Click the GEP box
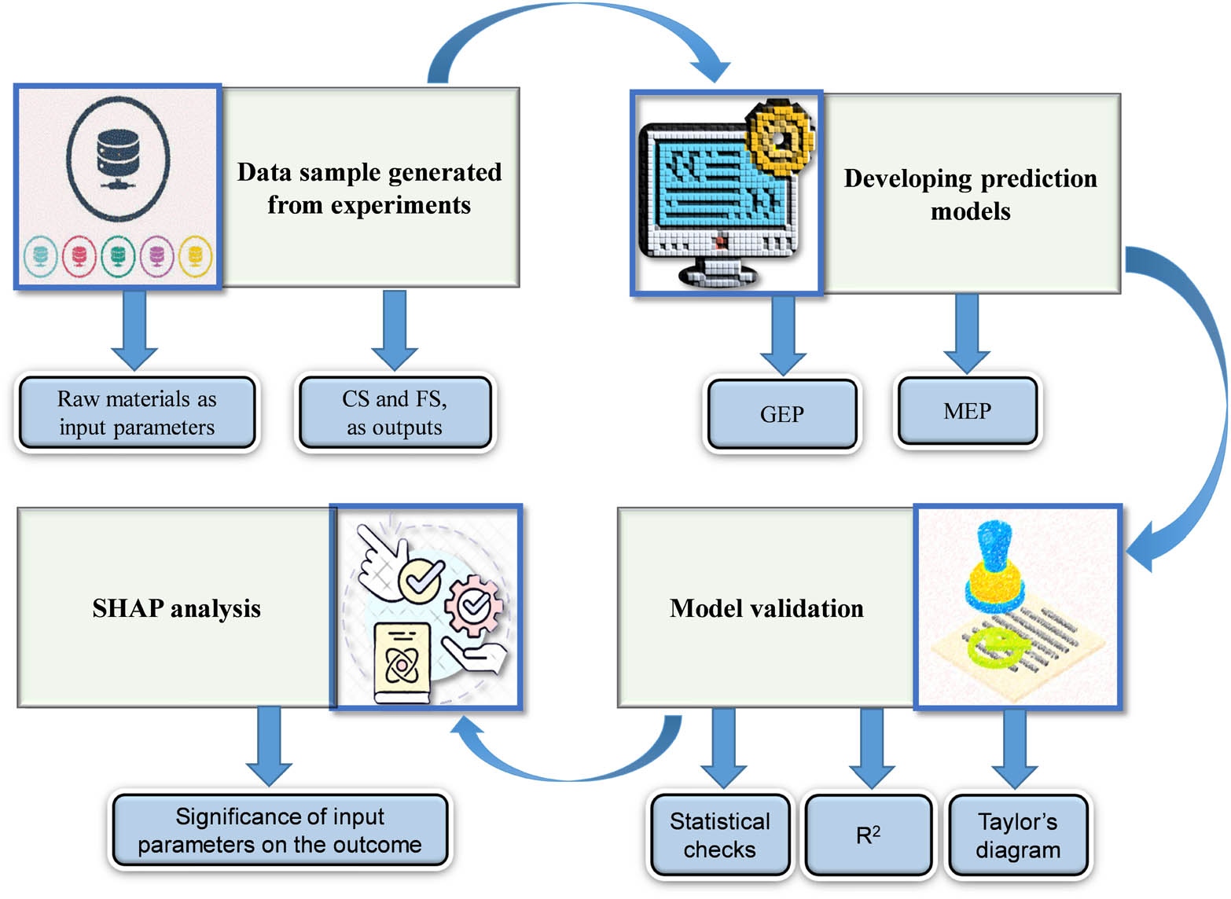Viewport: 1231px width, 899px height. (781, 414)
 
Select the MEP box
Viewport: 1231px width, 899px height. (967, 411)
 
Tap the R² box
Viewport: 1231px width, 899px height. (868, 835)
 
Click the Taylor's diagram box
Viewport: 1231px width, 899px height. (1018, 835)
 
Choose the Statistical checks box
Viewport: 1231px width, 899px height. (719, 835)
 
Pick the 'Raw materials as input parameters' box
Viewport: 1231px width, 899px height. (137, 413)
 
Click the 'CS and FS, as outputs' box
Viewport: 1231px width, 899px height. (395, 413)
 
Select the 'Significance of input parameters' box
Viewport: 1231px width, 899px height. (280, 831)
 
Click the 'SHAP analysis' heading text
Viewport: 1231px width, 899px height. (176, 608)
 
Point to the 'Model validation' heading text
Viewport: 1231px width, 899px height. (766, 608)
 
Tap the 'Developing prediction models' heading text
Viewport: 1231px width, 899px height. (970, 194)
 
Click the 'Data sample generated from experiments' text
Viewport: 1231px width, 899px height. (369, 188)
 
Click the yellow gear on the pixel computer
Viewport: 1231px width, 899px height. (779, 138)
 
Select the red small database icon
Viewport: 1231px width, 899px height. (79, 256)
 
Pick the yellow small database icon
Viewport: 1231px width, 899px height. (196, 256)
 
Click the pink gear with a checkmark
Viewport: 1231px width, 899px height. (473, 604)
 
